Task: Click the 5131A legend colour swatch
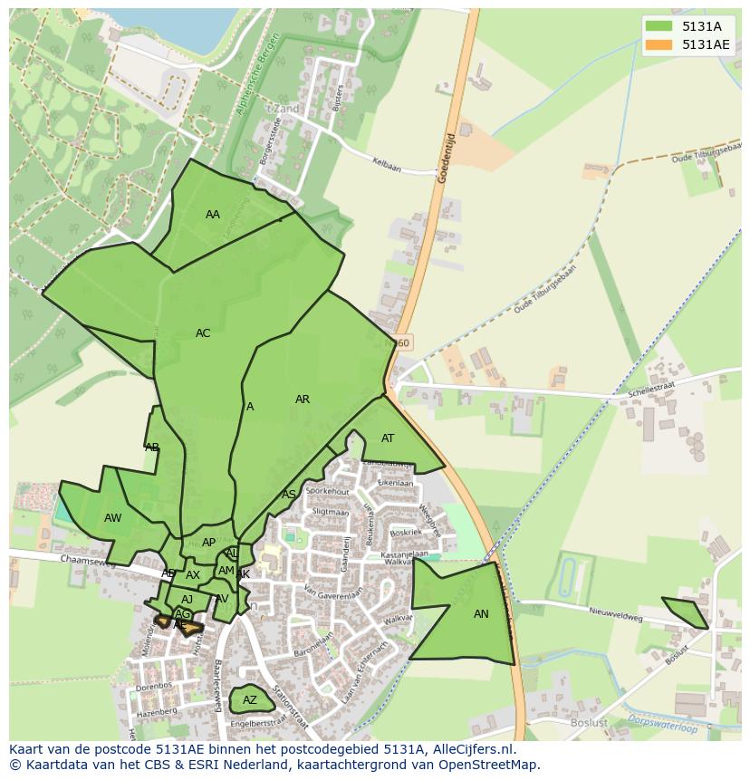(x=659, y=27)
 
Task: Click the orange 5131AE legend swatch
(x=659, y=44)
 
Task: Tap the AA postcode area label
(x=213, y=215)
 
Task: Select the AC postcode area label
(x=203, y=333)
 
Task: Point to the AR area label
(x=303, y=400)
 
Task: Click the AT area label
(x=388, y=438)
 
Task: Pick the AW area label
(x=112, y=518)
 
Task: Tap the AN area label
(x=481, y=614)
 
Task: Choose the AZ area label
(x=250, y=700)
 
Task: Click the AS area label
(x=289, y=495)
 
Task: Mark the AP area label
(x=208, y=543)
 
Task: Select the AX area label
(x=193, y=575)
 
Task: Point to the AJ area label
(x=187, y=600)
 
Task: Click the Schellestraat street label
(x=651, y=390)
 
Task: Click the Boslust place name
(x=589, y=723)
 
